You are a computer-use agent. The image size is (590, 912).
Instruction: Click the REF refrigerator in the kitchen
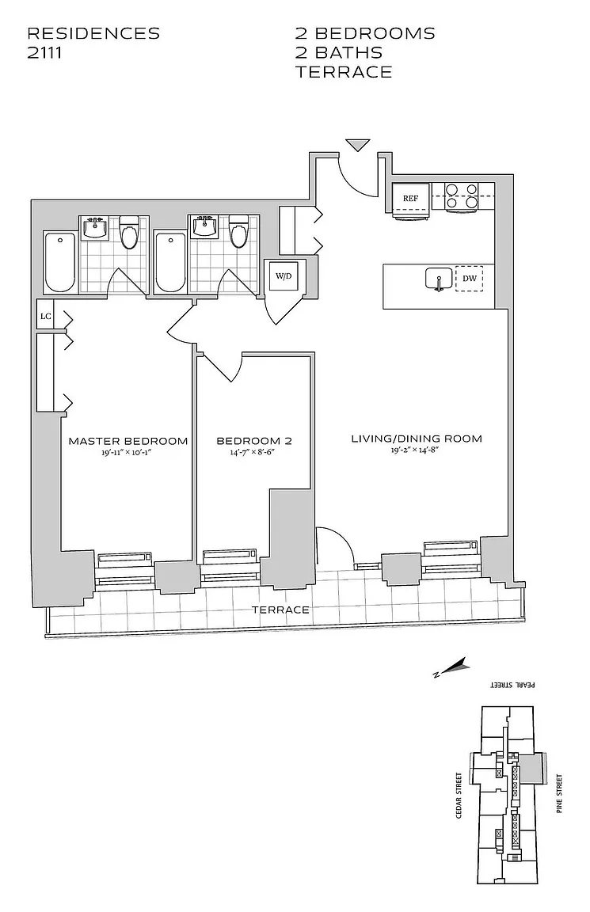click(x=411, y=199)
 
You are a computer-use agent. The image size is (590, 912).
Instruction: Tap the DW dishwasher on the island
click(x=469, y=279)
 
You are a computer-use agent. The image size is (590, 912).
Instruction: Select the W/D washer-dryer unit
click(x=283, y=276)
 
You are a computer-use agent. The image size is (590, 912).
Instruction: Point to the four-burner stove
click(x=461, y=196)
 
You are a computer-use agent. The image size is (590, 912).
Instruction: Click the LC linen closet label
click(x=45, y=317)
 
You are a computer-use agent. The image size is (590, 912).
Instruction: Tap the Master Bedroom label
click(x=128, y=441)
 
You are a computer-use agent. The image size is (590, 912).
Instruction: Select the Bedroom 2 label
click(x=254, y=441)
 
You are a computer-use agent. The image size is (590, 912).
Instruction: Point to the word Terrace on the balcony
click(x=280, y=610)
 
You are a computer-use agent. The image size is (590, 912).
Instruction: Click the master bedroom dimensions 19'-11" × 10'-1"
click(x=128, y=453)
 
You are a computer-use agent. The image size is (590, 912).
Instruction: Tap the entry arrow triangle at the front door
click(x=358, y=145)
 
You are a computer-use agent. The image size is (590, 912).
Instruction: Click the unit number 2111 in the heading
click(x=44, y=53)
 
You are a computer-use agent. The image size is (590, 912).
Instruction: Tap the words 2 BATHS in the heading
click(x=339, y=53)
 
